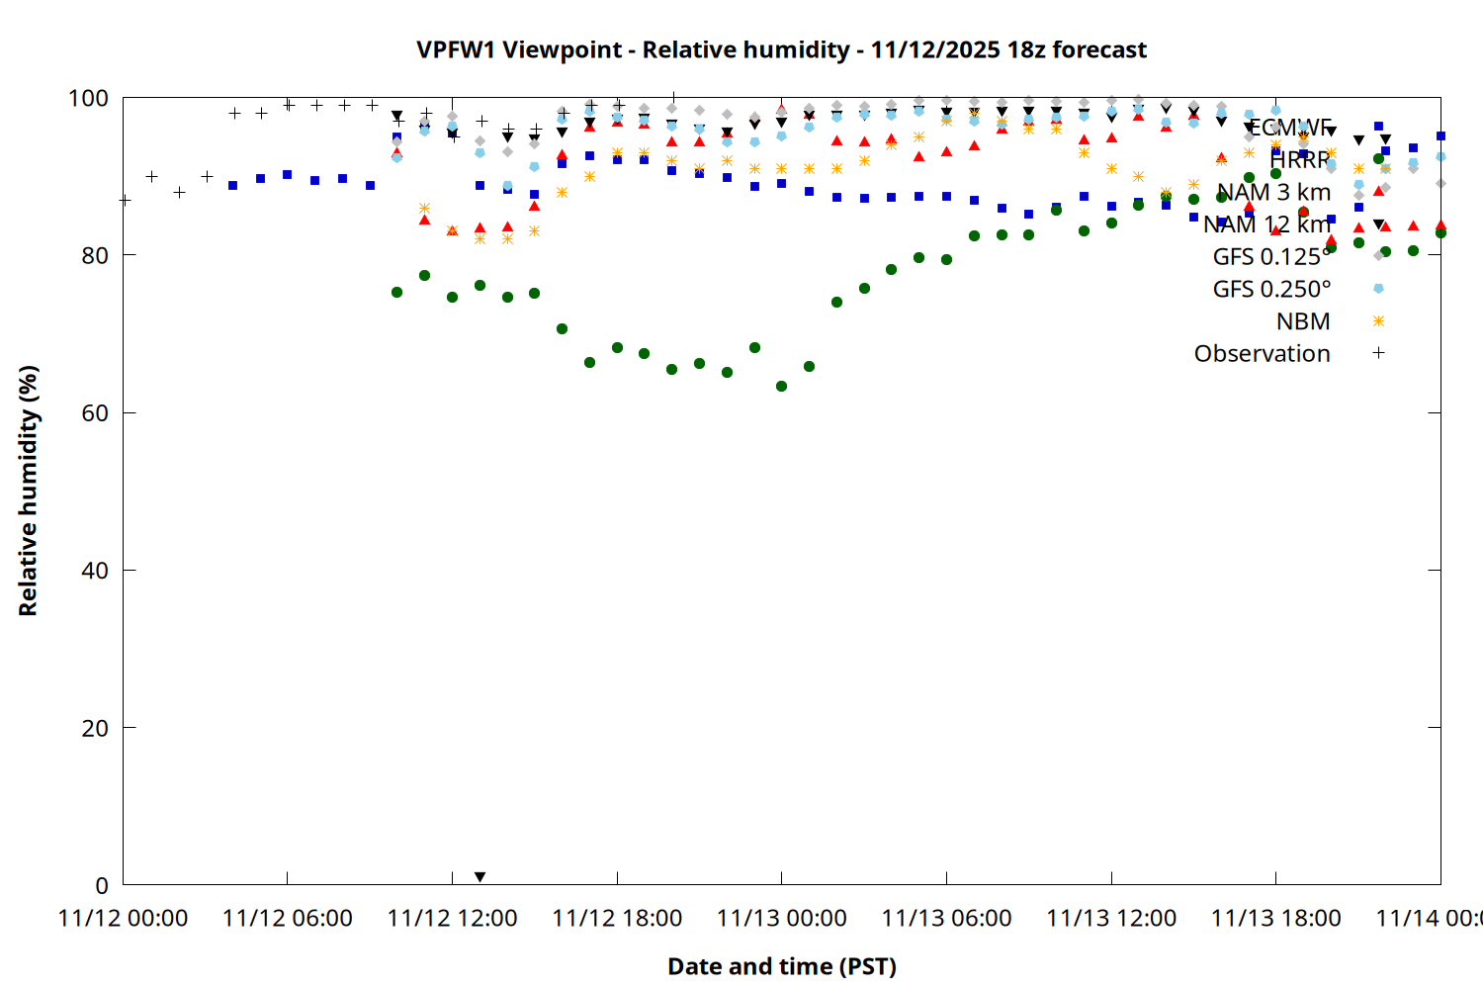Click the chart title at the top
tap(781, 49)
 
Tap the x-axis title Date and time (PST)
tap(781, 966)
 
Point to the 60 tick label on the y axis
tap(95, 413)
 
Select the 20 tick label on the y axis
tap(95, 728)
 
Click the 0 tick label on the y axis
tap(102, 885)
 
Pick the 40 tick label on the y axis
tap(95, 571)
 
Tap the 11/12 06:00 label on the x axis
tap(288, 919)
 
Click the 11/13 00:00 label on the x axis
tap(782, 919)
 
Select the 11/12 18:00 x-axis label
tap(617, 919)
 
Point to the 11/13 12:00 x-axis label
tap(1111, 919)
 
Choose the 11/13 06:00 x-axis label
tap(946, 919)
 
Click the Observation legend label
tap(1262, 354)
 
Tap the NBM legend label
tap(1303, 321)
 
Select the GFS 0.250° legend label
tap(1271, 289)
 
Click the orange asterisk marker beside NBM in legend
tap(1378, 321)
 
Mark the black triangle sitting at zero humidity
tap(480, 877)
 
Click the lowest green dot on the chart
tap(781, 386)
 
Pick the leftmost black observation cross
tap(125, 200)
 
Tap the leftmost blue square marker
tap(232, 185)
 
